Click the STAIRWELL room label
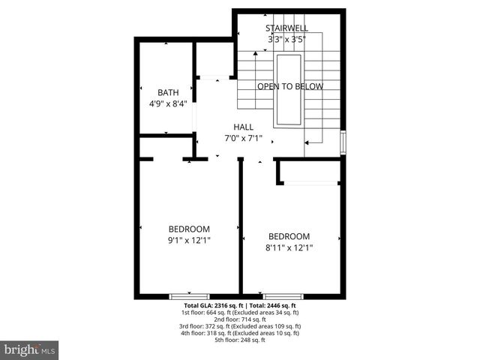tap(287, 28)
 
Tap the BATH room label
tap(168, 93)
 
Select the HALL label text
tap(243, 127)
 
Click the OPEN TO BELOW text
tap(290, 86)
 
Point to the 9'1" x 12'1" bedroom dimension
tap(189, 240)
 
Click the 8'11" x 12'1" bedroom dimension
tap(289, 247)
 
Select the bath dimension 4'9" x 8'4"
tap(168, 104)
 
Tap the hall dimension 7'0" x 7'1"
tap(243, 139)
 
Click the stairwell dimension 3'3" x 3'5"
tap(287, 39)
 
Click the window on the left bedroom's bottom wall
tap(189, 296)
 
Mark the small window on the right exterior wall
tap(343, 142)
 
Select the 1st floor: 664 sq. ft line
tap(240, 313)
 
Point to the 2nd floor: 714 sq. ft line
tap(240, 319)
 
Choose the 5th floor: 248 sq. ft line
tap(240, 340)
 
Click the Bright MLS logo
tap(29, 350)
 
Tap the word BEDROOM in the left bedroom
tap(189, 229)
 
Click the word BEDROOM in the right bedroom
tap(289, 235)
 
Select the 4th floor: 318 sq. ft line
tap(240, 334)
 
